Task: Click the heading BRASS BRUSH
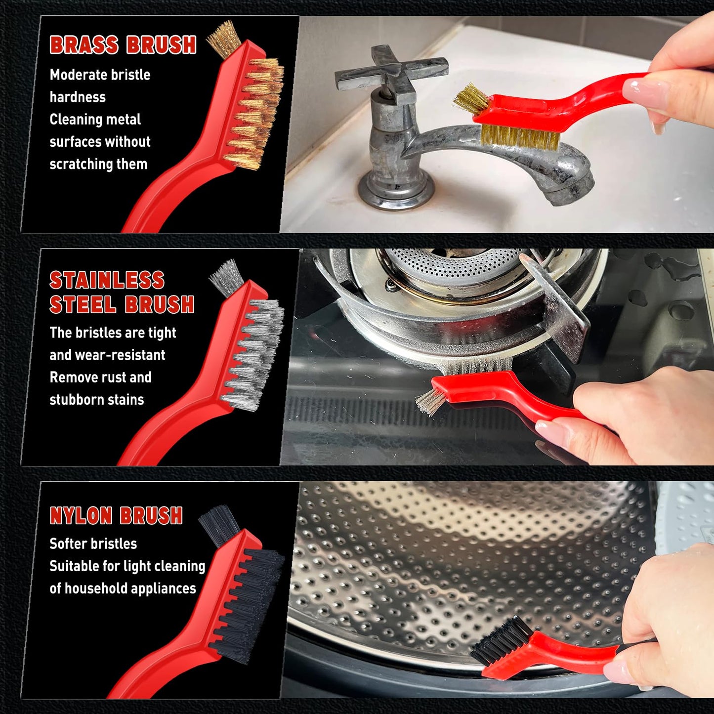[123, 45]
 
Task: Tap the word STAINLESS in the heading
[107, 280]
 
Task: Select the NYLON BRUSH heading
[116, 515]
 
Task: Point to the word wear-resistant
[120, 355]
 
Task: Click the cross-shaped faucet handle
[391, 72]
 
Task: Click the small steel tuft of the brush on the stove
[429, 401]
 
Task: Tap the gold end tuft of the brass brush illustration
[224, 39]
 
